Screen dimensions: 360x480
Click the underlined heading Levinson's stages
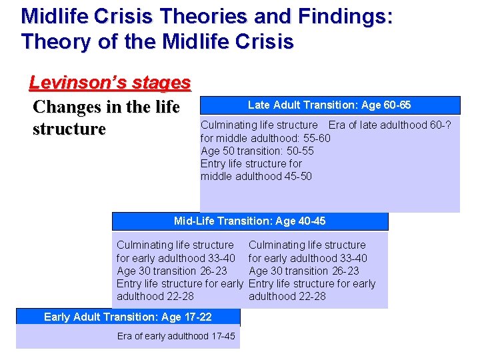click(x=110, y=83)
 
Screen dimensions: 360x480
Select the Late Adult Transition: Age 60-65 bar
click(x=329, y=105)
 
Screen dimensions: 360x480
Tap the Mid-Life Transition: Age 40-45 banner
click(x=249, y=221)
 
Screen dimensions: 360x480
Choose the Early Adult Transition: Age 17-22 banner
click(x=127, y=317)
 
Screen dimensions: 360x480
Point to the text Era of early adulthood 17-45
click(x=176, y=336)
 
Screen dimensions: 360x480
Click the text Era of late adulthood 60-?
click(x=389, y=125)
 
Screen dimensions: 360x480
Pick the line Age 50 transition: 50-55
click(x=257, y=151)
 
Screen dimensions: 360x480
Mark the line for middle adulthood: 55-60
click(x=265, y=138)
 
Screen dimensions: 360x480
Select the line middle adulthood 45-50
click(x=256, y=177)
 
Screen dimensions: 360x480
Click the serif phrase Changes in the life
click(x=106, y=107)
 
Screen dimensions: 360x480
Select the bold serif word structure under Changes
click(x=69, y=129)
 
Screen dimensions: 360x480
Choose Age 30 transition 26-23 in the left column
click(x=171, y=271)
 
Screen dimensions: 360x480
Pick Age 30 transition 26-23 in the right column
click(x=303, y=271)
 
